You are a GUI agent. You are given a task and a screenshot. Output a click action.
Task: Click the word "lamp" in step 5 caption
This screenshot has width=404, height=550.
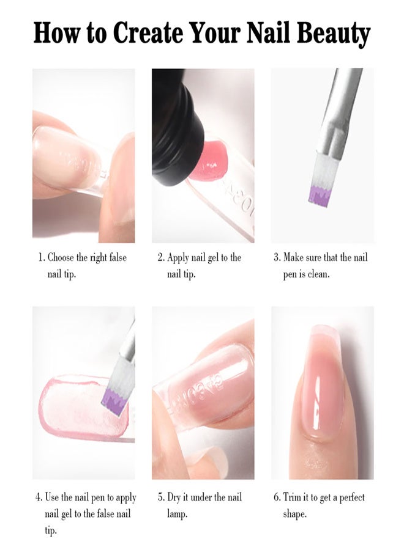176,515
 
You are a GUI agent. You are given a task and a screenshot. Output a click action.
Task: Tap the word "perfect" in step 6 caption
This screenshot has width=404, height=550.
351,497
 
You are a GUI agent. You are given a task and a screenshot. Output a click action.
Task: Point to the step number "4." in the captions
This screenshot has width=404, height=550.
39,497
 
